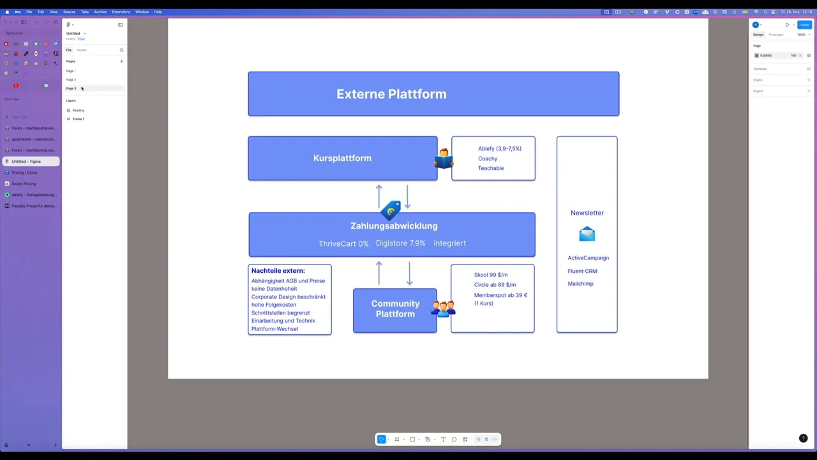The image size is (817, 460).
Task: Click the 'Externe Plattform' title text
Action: pyautogui.click(x=391, y=94)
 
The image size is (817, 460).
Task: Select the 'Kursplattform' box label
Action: pyautogui.click(x=342, y=158)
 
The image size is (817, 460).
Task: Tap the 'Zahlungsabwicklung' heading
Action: pyautogui.click(x=394, y=226)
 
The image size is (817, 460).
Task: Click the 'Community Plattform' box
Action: pyautogui.click(x=395, y=309)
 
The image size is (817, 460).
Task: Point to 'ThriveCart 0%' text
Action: pyautogui.click(x=343, y=243)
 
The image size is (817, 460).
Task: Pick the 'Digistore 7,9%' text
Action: pyautogui.click(x=400, y=243)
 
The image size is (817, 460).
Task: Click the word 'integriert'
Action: pyautogui.click(x=449, y=243)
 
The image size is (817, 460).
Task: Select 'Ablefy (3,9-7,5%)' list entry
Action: pyautogui.click(x=499, y=148)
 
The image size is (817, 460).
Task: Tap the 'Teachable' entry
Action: pyautogui.click(x=491, y=168)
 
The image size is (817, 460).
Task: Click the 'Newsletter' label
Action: pyautogui.click(x=587, y=213)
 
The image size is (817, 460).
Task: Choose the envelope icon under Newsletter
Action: pyautogui.click(x=587, y=234)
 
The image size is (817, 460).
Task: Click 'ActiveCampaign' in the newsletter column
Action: pyautogui.click(x=588, y=258)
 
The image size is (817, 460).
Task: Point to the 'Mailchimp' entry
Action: pyautogui.click(x=580, y=284)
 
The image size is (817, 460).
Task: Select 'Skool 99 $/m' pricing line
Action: pyautogui.click(x=490, y=275)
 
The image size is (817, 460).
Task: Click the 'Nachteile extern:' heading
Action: pyautogui.click(x=278, y=271)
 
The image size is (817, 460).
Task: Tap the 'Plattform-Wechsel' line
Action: pyautogui.click(x=274, y=329)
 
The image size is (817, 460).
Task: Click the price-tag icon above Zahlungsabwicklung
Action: pyautogui.click(x=391, y=210)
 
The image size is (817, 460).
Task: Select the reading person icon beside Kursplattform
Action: pyautogui.click(x=444, y=158)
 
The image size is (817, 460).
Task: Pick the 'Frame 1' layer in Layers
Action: pyautogui.click(x=78, y=119)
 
